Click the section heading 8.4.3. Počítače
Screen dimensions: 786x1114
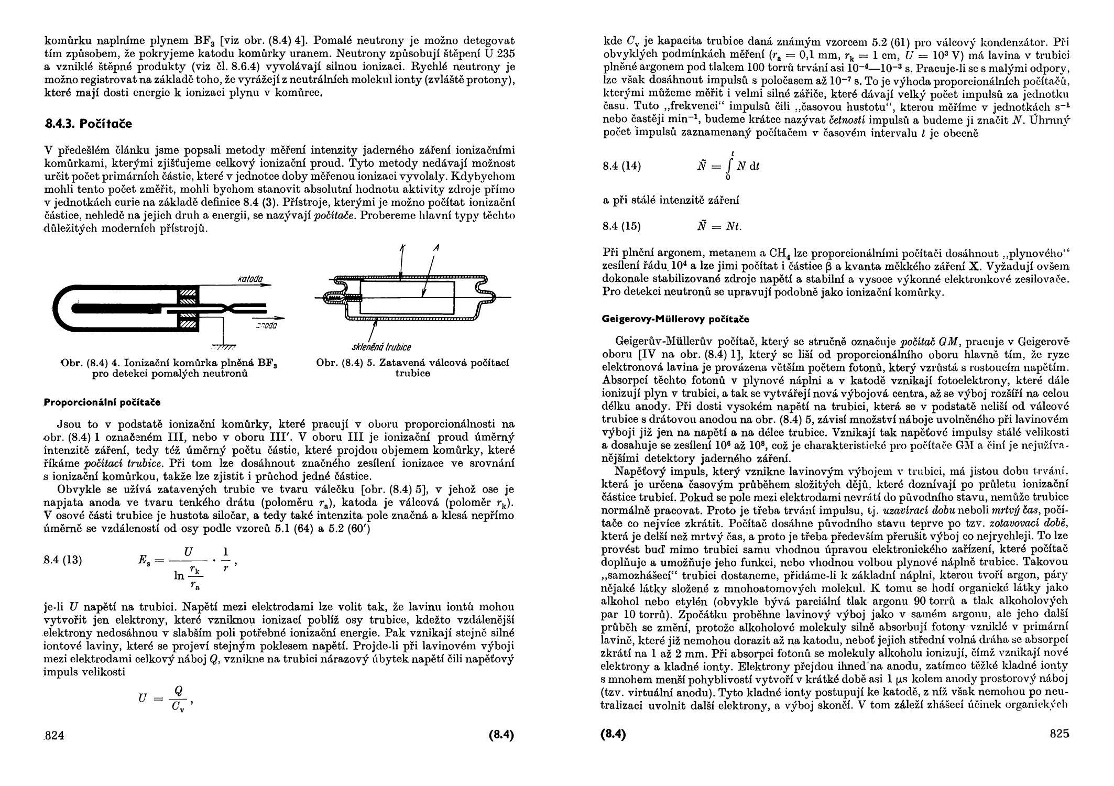click(88, 124)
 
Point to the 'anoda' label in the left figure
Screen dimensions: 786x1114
click(266, 326)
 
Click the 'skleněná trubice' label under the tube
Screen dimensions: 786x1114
click(381, 347)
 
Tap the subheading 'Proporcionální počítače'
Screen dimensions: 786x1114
click(102, 402)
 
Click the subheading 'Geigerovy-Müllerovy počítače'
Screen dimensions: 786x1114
click(676, 319)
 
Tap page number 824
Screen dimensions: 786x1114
click(53, 736)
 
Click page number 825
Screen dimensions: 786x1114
click(1060, 734)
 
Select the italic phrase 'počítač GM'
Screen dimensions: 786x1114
click(929, 342)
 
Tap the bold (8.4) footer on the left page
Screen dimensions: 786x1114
click(501, 735)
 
